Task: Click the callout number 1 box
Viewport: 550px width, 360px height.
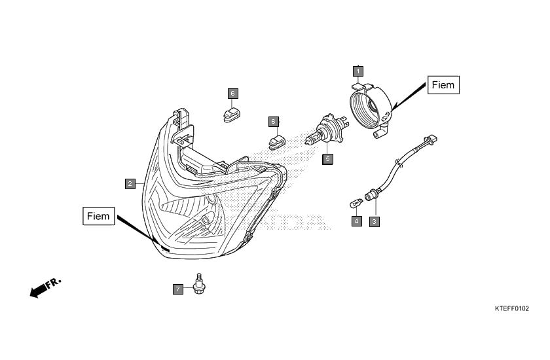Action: pyautogui.click(x=357, y=71)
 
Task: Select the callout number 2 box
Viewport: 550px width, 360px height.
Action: pyautogui.click(x=130, y=184)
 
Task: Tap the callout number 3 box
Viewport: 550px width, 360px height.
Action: pyautogui.click(x=375, y=221)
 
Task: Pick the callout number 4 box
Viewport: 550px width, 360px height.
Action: pyautogui.click(x=357, y=221)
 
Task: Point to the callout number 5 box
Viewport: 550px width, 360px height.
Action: pyautogui.click(x=327, y=159)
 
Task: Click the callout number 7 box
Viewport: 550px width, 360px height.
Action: pyautogui.click(x=178, y=289)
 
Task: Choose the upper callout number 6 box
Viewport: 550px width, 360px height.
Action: pyautogui.click(x=233, y=94)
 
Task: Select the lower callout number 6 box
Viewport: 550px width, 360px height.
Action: pyautogui.click(x=274, y=122)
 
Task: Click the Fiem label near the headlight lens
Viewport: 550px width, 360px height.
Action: pyautogui.click(x=99, y=216)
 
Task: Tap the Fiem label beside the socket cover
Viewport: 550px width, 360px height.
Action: pyautogui.click(x=443, y=85)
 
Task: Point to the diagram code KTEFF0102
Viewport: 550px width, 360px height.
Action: pyautogui.click(x=512, y=308)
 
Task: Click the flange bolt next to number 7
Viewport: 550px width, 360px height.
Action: pyautogui.click(x=199, y=284)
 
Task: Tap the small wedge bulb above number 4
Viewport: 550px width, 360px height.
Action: pyautogui.click(x=357, y=202)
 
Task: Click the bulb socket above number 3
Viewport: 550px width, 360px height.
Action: pyautogui.click(x=372, y=194)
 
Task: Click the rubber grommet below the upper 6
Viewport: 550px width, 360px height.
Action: pyautogui.click(x=232, y=115)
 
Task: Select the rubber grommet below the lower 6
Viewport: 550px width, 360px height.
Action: pyautogui.click(x=277, y=142)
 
